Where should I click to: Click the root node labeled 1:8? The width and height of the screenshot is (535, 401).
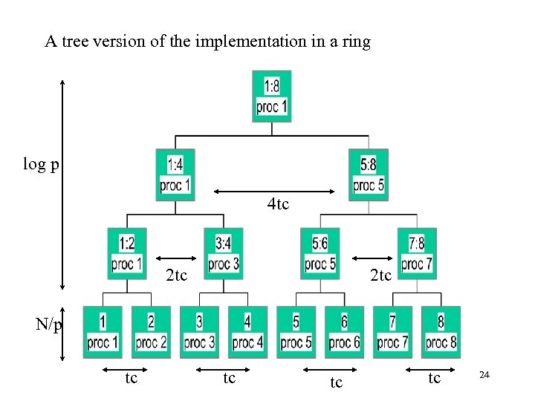pos(272,96)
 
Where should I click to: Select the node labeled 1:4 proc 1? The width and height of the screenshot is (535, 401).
pos(175,175)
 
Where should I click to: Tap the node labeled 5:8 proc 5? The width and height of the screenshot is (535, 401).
pos(369,175)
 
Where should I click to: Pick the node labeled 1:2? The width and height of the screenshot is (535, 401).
pos(126,253)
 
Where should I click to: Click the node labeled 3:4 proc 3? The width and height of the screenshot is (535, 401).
pos(224,253)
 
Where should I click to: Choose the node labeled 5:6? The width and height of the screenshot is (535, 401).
pos(320,253)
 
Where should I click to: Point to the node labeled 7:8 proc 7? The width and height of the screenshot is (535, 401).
pos(417,253)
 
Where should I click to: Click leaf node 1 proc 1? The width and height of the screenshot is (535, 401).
pos(103,332)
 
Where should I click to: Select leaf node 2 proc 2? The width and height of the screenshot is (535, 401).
pos(151,332)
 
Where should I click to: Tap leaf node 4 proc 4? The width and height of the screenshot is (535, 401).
pos(247,332)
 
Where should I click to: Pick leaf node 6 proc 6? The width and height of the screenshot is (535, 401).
pos(344,332)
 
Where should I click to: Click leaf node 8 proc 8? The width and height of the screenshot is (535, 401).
pos(441,332)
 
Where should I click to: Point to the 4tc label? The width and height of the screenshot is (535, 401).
pos(278,203)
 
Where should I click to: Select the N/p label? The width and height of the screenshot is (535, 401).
pos(49,325)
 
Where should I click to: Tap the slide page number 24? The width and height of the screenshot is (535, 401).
pos(484,376)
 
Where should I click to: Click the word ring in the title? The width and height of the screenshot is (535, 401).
pos(354,42)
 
